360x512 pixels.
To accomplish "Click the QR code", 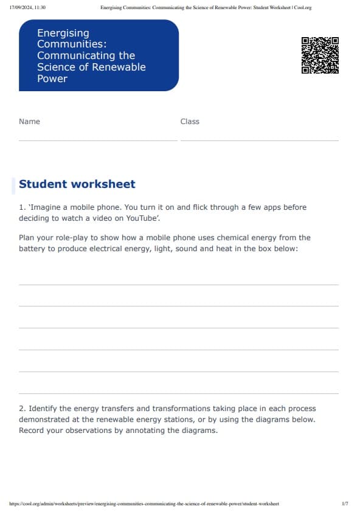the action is pyautogui.click(x=320, y=55).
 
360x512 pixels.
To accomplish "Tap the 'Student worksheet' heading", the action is pyautogui.click(x=77, y=184).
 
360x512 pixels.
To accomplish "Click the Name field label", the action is pyautogui.click(x=29, y=122).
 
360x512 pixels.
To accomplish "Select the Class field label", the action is pyautogui.click(x=190, y=122).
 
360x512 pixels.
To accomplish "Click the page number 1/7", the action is pyautogui.click(x=345, y=504).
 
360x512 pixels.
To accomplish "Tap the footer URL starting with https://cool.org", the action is pyautogui.click(x=145, y=504).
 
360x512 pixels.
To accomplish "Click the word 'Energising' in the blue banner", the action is pyautogui.click(x=63, y=33).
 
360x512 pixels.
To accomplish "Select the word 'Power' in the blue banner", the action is pyautogui.click(x=52, y=78).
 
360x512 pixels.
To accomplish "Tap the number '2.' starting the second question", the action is pyautogui.click(x=22, y=409).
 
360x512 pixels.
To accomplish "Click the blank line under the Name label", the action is pyautogui.click(x=98, y=140).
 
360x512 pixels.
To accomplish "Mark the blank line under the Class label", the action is pyautogui.click(x=259, y=140).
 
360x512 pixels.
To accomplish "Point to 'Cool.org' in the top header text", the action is pyautogui.click(x=302, y=7).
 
